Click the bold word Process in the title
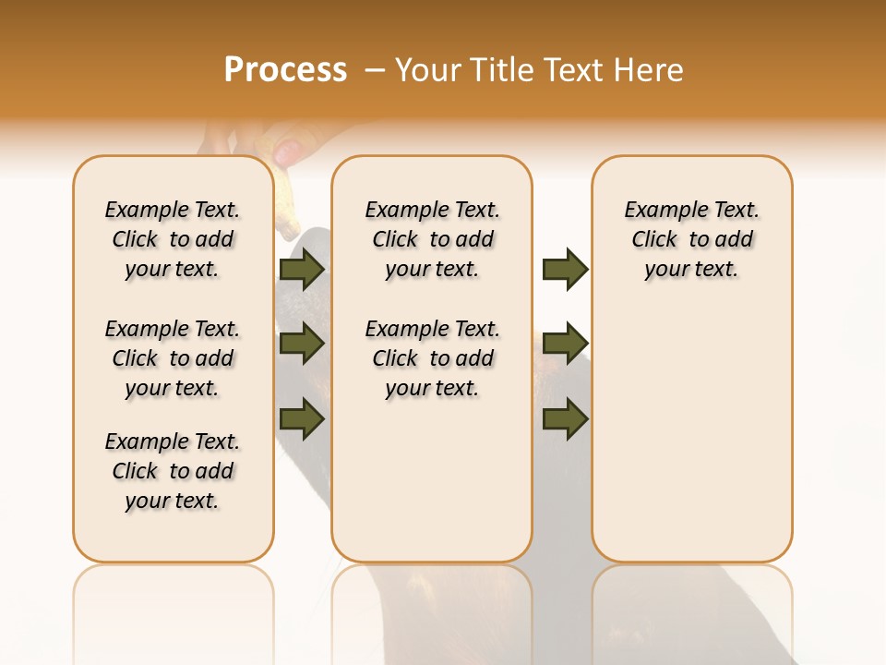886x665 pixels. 285,70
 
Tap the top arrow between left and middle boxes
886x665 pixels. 301,270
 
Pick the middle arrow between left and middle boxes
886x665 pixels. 301,344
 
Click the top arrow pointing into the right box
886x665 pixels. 565,270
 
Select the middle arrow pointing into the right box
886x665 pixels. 565,344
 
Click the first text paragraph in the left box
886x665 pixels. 173,239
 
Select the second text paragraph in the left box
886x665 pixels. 173,358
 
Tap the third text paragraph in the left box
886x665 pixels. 173,471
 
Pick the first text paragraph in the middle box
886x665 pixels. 432,239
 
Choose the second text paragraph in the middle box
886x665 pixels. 432,358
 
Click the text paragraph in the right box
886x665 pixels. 692,239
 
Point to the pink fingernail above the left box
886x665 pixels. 288,150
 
